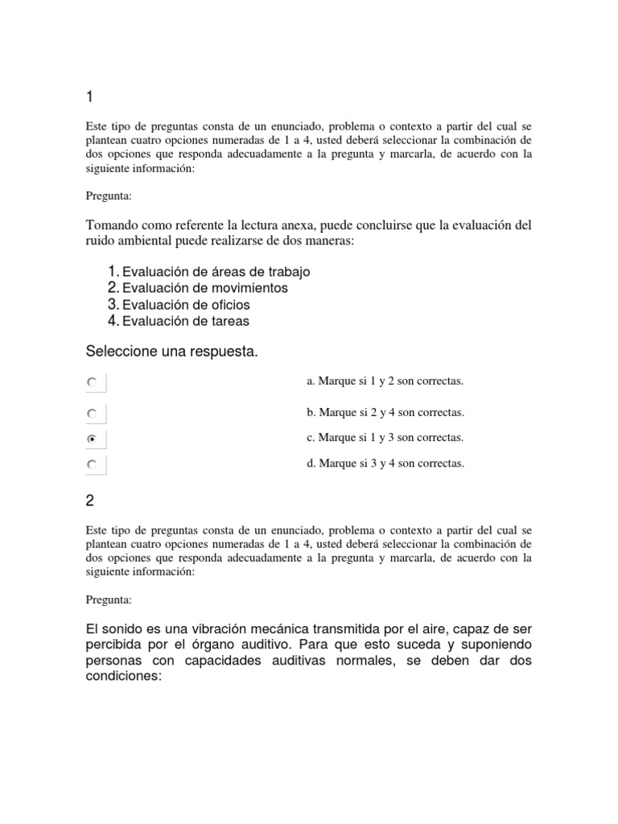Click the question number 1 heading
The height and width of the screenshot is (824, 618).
click(89, 97)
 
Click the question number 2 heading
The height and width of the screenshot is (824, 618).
click(90, 501)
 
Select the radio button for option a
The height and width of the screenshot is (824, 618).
click(92, 383)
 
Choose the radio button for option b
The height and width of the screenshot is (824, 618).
click(92, 414)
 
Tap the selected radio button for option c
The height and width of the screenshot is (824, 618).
click(92, 439)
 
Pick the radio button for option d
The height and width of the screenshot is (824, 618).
click(92, 464)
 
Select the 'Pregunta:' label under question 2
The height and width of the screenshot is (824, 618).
click(108, 599)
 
